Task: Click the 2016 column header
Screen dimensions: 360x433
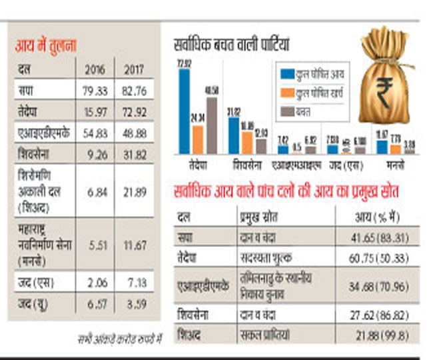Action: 95,69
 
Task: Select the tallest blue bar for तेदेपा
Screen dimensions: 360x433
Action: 185,111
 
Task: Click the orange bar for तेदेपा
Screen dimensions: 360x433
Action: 198,139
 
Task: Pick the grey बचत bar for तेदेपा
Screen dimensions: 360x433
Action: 211,125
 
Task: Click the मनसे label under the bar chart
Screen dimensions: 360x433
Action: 395,163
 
